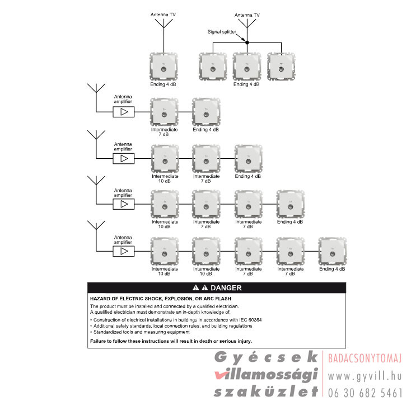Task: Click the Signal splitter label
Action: coord(222,32)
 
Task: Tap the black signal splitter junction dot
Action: coord(247,42)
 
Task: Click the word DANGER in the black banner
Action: coord(226,288)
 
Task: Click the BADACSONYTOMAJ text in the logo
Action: coord(365,358)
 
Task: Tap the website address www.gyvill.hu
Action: coord(365,376)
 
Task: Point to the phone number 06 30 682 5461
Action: coord(365,393)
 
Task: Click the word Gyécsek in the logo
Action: coord(266,357)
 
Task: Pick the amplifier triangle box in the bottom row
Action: coord(124,251)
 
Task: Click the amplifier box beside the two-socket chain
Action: coord(124,112)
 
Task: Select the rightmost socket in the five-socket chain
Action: coord(332,252)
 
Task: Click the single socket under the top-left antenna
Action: coord(164,67)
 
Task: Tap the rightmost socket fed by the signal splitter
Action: coord(281,67)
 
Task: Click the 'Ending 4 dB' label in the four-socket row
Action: coord(290,222)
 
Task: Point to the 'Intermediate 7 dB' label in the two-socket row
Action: coord(164,132)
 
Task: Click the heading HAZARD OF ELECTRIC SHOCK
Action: coord(161,299)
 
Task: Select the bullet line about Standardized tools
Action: coord(140,332)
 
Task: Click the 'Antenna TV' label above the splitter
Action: coord(247,15)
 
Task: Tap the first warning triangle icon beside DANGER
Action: coord(196,288)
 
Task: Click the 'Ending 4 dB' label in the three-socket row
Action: coord(247,176)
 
